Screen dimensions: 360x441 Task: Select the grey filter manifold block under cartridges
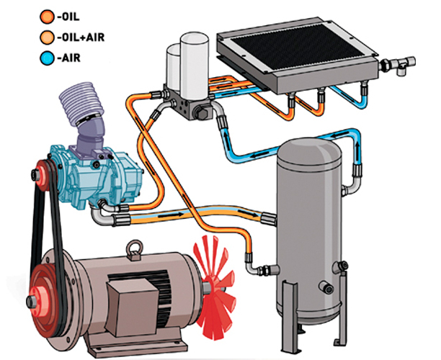pyautogui.click(x=188, y=100)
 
